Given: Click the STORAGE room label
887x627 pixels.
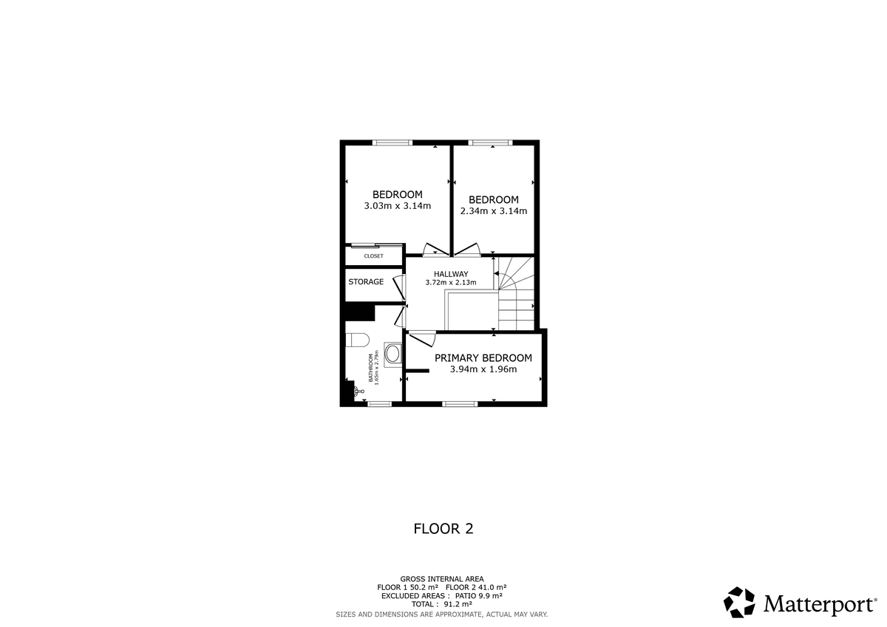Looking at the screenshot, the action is pyautogui.click(x=366, y=281).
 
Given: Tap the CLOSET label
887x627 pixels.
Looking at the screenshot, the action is pyautogui.click(x=374, y=256).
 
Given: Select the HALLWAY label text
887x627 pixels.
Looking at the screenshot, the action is pyautogui.click(x=451, y=274).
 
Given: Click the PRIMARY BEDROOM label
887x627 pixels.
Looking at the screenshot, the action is pyautogui.click(x=483, y=358).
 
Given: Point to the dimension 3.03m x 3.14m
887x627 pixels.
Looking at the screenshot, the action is pyautogui.click(x=398, y=206).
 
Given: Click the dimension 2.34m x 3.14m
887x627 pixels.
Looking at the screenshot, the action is pyautogui.click(x=494, y=210).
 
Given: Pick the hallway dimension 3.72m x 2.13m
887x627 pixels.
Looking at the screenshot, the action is pyautogui.click(x=451, y=282).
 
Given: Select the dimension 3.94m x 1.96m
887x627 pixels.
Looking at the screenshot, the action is pyautogui.click(x=483, y=369).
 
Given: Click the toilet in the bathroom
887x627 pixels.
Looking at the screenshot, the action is pyautogui.click(x=357, y=340).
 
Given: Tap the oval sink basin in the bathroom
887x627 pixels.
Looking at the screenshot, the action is pyautogui.click(x=392, y=354).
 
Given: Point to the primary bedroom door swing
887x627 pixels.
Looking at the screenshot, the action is pyautogui.click(x=423, y=339).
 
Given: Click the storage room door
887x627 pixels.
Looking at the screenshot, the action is pyautogui.click(x=399, y=287).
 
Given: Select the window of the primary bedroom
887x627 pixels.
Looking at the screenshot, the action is pyautogui.click(x=460, y=403).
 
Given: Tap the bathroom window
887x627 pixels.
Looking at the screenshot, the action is pyautogui.click(x=380, y=403).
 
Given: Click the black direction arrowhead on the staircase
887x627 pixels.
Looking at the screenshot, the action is pyautogui.click(x=496, y=273).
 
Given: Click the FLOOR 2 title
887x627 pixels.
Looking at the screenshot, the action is pyautogui.click(x=443, y=529).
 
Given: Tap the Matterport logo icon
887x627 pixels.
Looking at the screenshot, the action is pyautogui.click(x=739, y=603).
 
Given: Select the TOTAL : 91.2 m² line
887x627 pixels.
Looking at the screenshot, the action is pyautogui.click(x=442, y=604).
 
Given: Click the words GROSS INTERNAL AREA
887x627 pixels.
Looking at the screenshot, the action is pyautogui.click(x=442, y=579).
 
